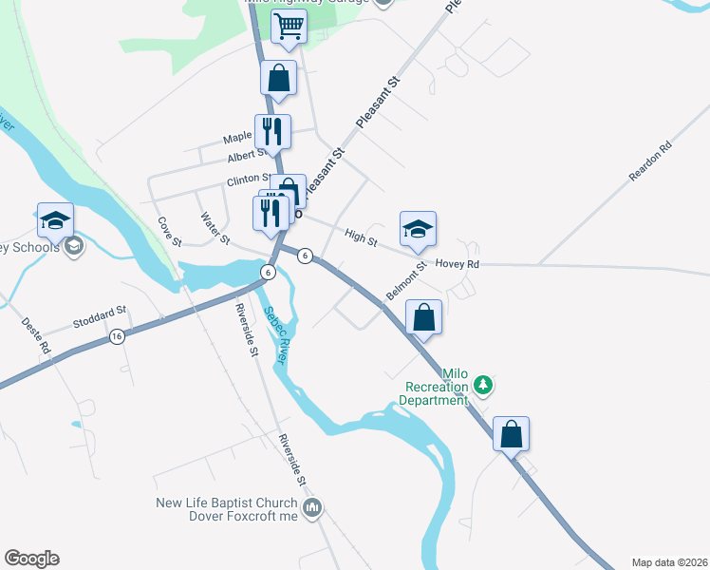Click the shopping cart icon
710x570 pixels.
click(289, 28)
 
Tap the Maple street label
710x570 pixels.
click(237, 138)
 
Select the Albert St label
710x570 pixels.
click(247, 154)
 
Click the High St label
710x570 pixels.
click(362, 235)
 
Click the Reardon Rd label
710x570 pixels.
click(650, 161)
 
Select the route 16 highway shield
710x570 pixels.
click(117, 336)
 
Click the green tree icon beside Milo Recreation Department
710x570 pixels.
click(484, 384)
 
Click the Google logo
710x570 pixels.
click(31, 559)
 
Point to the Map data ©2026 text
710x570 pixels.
click(669, 562)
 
